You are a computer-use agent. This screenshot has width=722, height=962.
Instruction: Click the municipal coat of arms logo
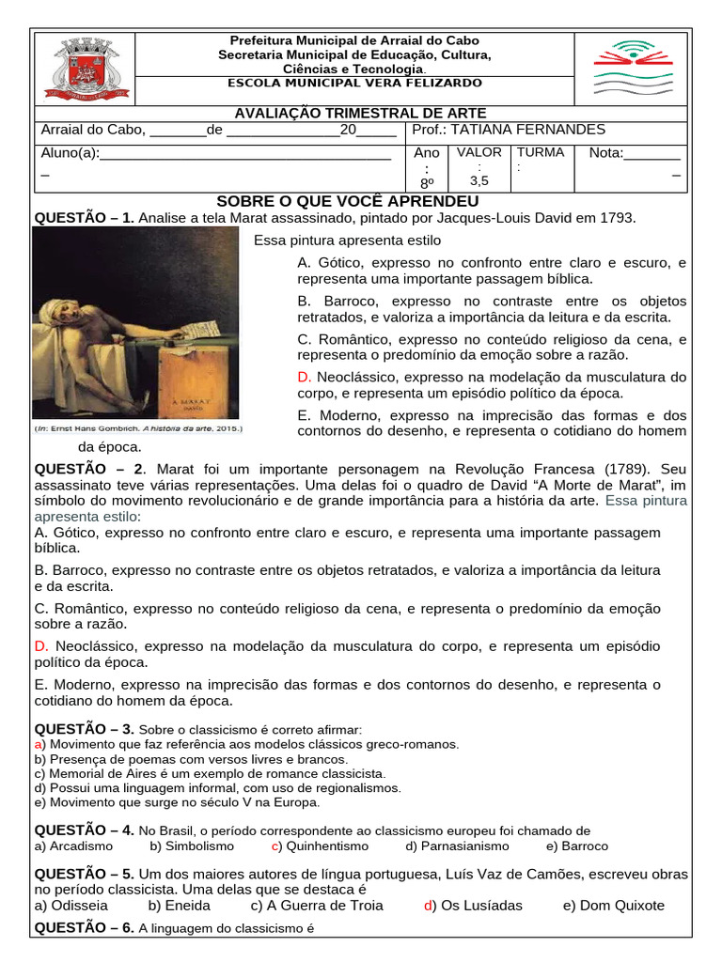[85, 69]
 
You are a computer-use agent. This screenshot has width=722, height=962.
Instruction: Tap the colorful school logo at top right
[629, 69]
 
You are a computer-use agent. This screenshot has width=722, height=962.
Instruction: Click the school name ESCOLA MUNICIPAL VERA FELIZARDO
[355, 83]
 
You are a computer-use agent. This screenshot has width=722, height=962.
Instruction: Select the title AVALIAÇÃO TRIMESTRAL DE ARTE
[354, 114]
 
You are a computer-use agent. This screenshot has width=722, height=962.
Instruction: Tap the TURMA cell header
[541, 152]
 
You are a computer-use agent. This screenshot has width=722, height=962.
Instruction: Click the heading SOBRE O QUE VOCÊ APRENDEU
[348, 202]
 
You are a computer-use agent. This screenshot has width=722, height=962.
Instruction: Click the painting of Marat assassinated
[135, 324]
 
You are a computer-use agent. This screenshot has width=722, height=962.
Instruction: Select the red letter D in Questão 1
[303, 377]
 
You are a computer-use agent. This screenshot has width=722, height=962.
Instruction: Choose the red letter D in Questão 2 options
[40, 646]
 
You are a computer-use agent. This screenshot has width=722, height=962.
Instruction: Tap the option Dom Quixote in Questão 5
[620, 906]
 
